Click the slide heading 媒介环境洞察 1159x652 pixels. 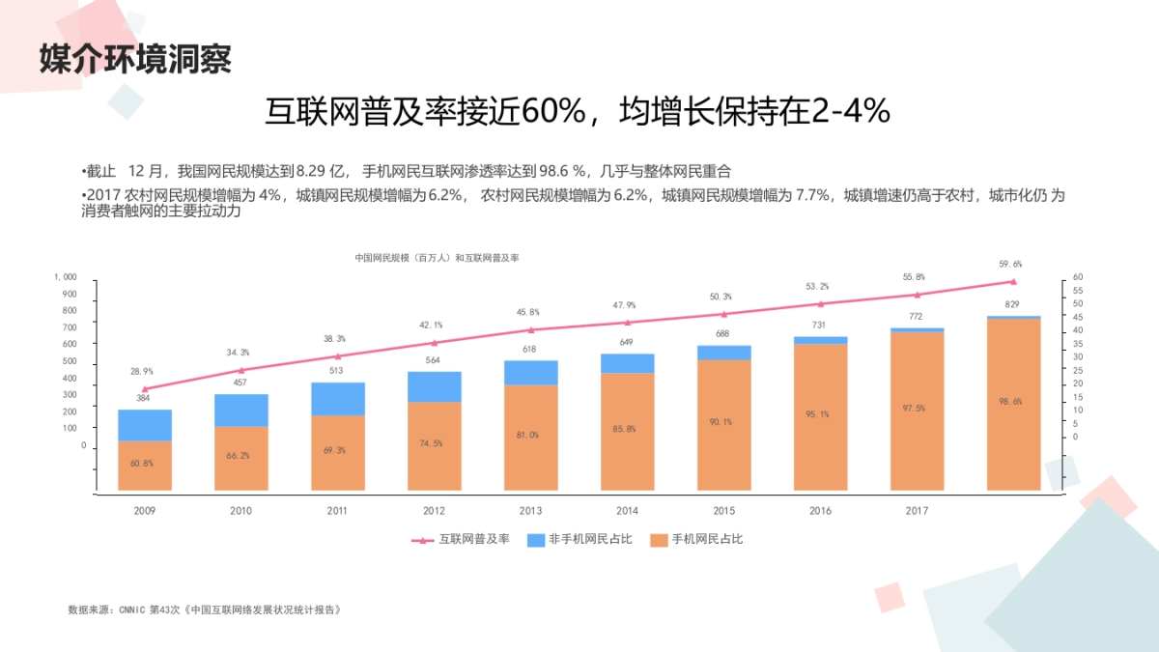tap(135, 59)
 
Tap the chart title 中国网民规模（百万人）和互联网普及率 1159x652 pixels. tap(437, 258)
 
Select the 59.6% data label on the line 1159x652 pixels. tap(1010, 264)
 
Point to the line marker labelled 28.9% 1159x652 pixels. tap(145, 388)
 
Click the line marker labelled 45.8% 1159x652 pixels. tap(530, 330)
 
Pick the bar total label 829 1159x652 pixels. tap(1012, 305)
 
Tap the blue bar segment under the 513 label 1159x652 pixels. tap(337, 399)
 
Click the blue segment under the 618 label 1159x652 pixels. tap(530, 373)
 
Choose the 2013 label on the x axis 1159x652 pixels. tap(530, 511)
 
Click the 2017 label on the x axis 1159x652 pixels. tap(917, 511)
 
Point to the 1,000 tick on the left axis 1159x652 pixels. tap(65, 277)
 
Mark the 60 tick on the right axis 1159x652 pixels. tap(1078, 277)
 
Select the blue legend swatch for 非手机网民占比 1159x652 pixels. tap(536, 539)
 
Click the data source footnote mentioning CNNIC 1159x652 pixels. tap(205, 610)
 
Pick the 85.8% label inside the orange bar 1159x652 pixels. tap(627, 429)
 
